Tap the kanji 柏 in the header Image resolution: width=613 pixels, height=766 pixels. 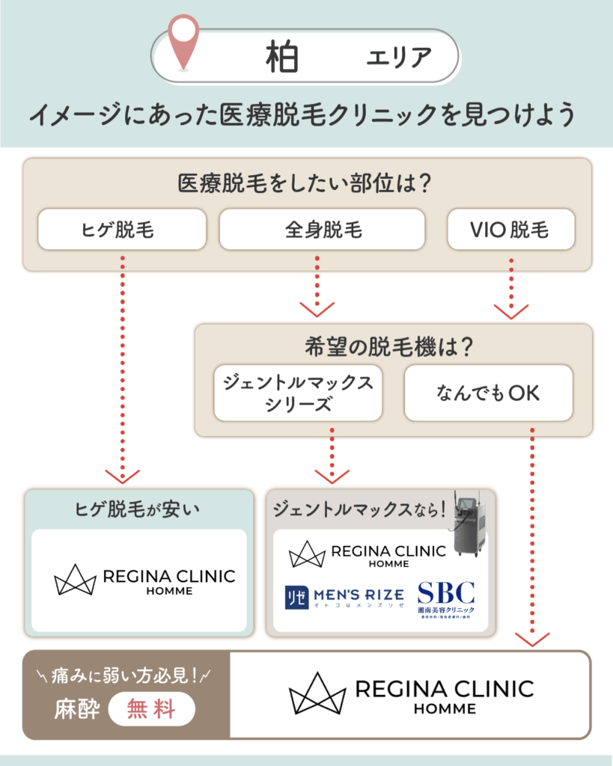pos(283,56)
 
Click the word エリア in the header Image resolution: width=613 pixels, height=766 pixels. pos(398,57)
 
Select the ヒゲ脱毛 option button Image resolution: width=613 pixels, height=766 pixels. pos(122,229)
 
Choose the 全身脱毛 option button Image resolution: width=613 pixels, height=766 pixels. pos(322,229)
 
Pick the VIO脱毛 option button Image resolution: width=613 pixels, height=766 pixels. pos(510,229)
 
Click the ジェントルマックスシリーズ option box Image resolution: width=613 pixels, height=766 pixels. pos(298,393)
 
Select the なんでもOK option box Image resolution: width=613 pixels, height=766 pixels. pos(488,393)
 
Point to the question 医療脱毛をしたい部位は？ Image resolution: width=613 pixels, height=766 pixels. pos(307,183)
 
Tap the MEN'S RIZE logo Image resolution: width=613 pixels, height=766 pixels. pos(344,595)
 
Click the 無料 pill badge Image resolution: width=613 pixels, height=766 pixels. pos(152,708)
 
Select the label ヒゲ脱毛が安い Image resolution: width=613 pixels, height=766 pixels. pos(138,510)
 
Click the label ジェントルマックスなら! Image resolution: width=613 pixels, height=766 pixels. pos(359,510)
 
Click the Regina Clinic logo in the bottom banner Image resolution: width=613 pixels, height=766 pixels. pos(411,694)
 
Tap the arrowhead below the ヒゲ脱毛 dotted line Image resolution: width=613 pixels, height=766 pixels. pos(122,476)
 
